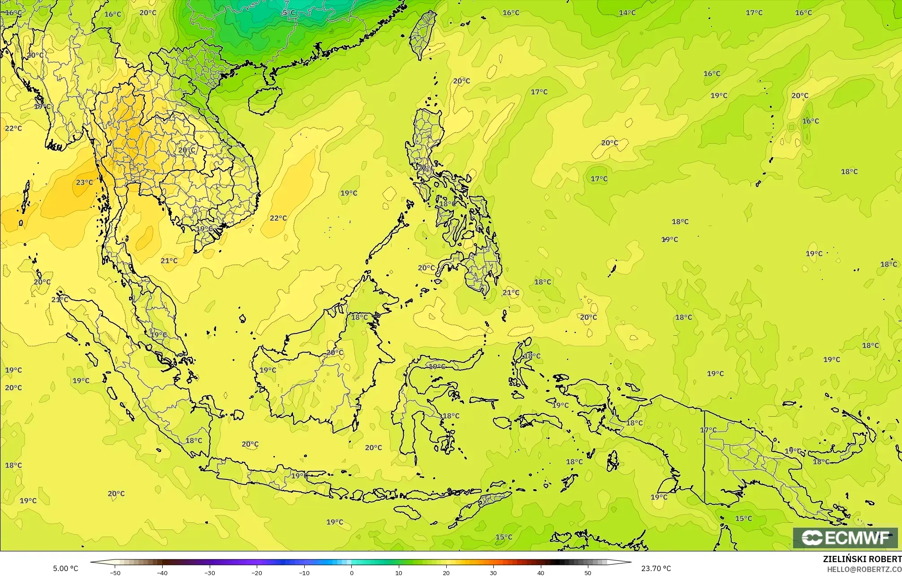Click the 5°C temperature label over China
289,13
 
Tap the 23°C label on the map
84,182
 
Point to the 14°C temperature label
627,13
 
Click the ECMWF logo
846,538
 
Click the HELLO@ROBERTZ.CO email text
864,569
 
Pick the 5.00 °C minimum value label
65,568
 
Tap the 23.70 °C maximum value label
656,568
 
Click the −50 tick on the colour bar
115,572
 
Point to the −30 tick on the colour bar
210,572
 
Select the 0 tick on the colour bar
352,572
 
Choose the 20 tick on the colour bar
446,572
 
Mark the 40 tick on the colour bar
541,572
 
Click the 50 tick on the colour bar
588,572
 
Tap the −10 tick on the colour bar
304,572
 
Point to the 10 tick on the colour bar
399,572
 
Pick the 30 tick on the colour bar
493,572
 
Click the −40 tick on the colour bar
162,572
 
